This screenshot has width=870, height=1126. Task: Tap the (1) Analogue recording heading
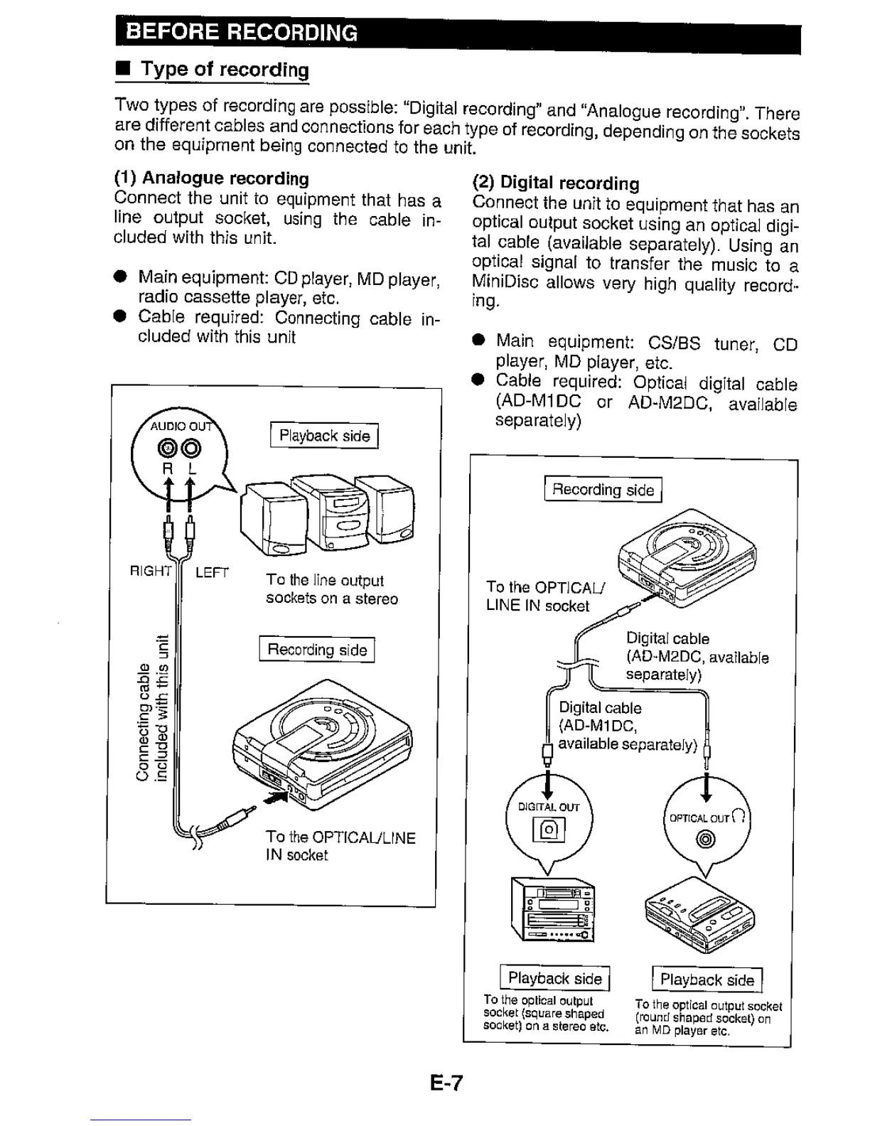click(x=211, y=178)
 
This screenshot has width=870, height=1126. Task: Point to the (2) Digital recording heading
click(x=555, y=183)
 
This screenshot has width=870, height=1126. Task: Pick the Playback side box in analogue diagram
click(x=324, y=436)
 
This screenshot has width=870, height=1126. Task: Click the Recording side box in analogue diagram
click(x=317, y=650)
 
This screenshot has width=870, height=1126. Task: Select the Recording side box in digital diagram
click(x=603, y=490)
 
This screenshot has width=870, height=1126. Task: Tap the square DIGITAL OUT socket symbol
click(x=549, y=830)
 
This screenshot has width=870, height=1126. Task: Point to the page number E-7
click(x=446, y=1083)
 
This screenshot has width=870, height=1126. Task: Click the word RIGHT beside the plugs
click(x=151, y=571)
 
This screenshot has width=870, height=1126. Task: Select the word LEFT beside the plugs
click(x=212, y=572)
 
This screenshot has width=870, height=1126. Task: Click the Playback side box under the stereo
click(x=554, y=979)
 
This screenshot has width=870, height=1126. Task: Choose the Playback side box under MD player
click(x=707, y=980)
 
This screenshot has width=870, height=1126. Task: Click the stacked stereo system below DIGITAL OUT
click(x=553, y=910)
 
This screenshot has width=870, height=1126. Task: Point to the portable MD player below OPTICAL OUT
click(x=699, y=920)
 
